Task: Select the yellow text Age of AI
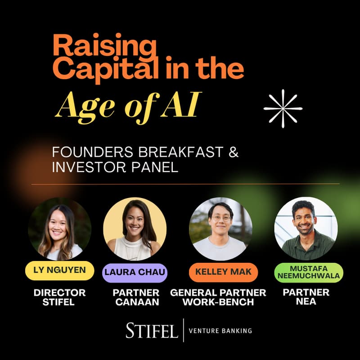pyautogui.click(x=126, y=107)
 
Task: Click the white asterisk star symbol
pyautogui.click(x=283, y=108)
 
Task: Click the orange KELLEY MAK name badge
pyautogui.click(x=220, y=272)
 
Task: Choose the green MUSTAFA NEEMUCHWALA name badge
pyautogui.click(x=308, y=272)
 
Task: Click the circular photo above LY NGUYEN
pyautogui.click(x=59, y=229)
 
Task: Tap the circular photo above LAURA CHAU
pyautogui.click(x=135, y=229)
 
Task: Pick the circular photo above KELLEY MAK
pyautogui.click(x=220, y=229)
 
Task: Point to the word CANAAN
pyautogui.click(x=137, y=302)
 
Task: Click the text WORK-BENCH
pyautogui.click(x=218, y=302)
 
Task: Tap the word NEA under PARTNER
pyautogui.click(x=306, y=301)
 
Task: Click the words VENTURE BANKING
pyautogui.click(x=220, y=331)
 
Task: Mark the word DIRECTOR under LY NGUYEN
pyautogui.click(x=59, y=292)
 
